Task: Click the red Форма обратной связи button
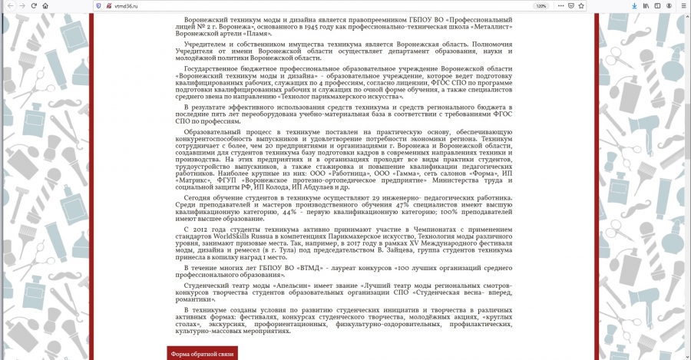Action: click(x=203, y=353)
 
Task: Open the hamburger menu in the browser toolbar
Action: click(x=683, y=5)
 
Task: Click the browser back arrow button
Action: click(x=8, y=5)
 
